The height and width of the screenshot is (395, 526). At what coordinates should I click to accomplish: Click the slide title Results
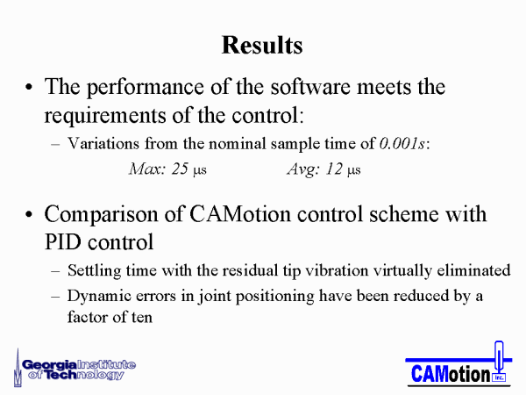tap(262, 45)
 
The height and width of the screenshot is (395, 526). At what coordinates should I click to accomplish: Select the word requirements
tap(105, 116)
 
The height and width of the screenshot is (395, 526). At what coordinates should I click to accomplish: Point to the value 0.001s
tap(402, 143)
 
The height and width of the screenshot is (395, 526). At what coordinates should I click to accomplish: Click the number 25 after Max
tap(180, 169)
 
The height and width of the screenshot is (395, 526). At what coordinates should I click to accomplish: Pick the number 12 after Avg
tap(334, 169)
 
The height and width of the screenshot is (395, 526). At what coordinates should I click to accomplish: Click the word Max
tap(147, 169)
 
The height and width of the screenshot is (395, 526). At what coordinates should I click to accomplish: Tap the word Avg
tap(302, 169)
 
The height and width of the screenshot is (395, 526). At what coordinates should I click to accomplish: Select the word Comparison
tap(101, 215)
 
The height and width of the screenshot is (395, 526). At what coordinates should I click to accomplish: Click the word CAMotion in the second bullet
tap(240, 214)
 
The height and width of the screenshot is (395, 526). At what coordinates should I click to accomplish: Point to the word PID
tap(63, 242)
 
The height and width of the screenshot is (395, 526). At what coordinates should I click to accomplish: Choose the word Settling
tap(95, 271)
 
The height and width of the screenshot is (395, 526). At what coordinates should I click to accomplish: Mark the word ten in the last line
tap(142, 317)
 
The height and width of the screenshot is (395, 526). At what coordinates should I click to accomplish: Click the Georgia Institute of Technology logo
tap(75, 369)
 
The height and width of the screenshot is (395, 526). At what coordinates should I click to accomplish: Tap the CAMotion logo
tap(458, 364)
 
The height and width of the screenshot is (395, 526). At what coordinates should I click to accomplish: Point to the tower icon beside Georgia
tap(18, 368)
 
